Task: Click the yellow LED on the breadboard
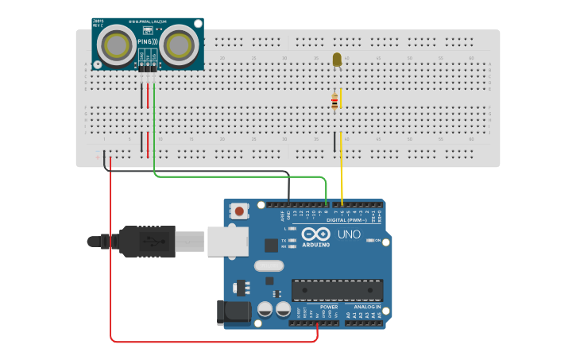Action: point(337,60)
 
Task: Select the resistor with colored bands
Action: point(334,100)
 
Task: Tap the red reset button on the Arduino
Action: point(238,211)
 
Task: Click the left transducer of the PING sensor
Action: point(118,45)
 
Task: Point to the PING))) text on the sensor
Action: point(149,41)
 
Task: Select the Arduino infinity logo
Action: point(315,234)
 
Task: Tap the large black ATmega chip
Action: point(337,290)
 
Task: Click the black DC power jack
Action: point(234,312)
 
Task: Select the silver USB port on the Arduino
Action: point(228,241)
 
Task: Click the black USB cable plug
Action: point(147,241)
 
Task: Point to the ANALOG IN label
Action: point(367,307)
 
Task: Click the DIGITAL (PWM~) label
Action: point(346,220)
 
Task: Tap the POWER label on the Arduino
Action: point(329,307)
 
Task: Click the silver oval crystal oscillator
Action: point(269,266)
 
